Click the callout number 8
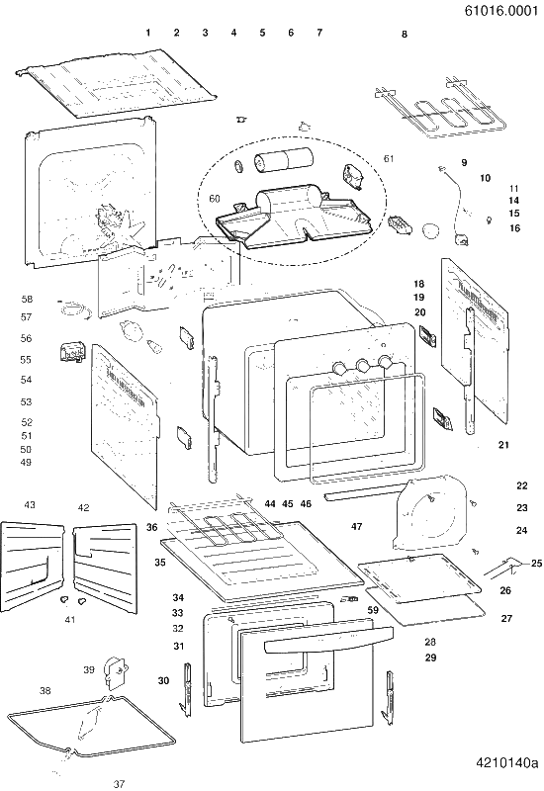405,35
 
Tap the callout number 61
389,159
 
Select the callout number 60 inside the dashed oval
215,199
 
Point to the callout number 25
536,563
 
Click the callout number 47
357,527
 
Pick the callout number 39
89,670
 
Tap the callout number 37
119,784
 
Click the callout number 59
373,610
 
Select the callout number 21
503,445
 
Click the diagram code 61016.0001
501,11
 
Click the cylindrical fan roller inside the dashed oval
283,160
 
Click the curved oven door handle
328,638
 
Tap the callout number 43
30,504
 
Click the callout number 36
152,528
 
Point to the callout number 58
27,300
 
